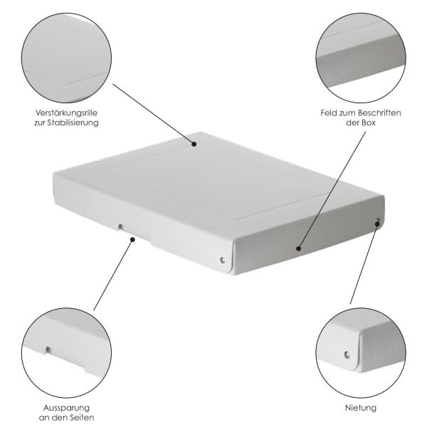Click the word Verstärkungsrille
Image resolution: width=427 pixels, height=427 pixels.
66,112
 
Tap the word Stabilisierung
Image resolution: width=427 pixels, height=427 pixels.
73,122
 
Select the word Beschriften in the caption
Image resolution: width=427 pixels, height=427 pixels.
379,112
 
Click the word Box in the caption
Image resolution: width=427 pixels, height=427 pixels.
369,122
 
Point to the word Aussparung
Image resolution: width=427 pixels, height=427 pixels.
66,408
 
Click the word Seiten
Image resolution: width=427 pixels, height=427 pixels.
81,417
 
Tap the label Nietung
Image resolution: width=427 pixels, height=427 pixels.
361,408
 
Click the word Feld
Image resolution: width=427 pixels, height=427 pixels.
329,112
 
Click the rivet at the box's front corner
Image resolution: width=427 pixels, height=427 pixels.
223,260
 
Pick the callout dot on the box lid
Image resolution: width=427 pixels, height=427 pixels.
194,144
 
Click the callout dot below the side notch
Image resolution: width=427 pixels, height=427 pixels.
132,239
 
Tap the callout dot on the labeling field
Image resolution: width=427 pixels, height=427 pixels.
299,248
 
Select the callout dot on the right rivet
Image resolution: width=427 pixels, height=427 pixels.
377,224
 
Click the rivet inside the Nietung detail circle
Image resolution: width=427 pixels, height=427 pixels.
347,354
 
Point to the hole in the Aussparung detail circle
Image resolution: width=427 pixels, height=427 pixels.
48,349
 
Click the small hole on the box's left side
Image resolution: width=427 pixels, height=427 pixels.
120,226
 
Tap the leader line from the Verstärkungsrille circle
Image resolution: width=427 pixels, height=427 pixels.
153,114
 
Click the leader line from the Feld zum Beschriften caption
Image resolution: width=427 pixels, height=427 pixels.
332,190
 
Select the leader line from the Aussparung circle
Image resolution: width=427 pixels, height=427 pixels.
112,275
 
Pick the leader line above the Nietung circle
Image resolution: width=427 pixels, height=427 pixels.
364,264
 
